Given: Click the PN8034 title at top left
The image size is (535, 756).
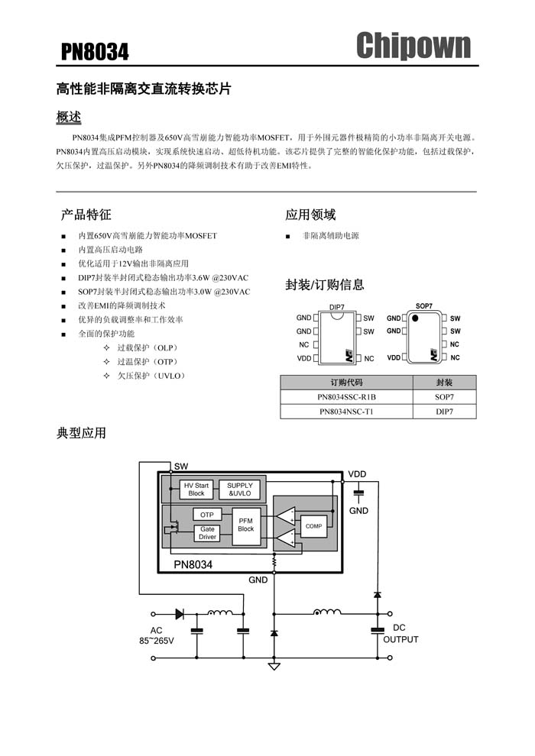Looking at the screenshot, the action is click(x=95, y=52).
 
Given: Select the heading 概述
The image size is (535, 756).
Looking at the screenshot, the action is click(x=69, y=117).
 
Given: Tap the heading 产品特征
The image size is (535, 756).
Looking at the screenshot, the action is click(x=86, y=215).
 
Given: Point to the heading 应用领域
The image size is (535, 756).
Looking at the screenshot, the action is click(x=310, y=215).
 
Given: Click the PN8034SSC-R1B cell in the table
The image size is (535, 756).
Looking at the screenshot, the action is click(x=346, y=397).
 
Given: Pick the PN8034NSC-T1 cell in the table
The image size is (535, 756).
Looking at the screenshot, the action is click(x=346, y=412).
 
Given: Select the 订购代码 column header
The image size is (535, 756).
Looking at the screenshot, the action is click(x=346, y=383).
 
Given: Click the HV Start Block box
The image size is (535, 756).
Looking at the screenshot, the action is click(x=196, y=489).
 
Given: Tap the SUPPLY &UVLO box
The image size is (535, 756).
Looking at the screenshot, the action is click(x=240, y=489).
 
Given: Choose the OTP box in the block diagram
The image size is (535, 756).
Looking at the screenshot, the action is click(x=207, y=515).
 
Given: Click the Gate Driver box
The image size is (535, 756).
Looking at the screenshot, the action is click(x=207, y=533).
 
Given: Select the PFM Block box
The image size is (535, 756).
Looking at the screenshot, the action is click(x=246, y=525).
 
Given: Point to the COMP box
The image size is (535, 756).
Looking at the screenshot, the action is click(x=313, y=526).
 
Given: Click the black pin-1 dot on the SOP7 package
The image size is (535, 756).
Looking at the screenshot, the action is click(x=414, y=318).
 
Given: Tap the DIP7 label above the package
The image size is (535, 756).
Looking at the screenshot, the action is click(x=337, y=307).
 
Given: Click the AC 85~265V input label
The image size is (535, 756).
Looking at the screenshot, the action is click(x=157, y=635).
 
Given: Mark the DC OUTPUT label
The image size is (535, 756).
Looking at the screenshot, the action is click(x=400, y=634).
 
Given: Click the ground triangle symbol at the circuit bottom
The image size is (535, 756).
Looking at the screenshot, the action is click(x=274, y=667).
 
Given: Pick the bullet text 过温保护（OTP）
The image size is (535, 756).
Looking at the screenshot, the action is click(x=148, y=362).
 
